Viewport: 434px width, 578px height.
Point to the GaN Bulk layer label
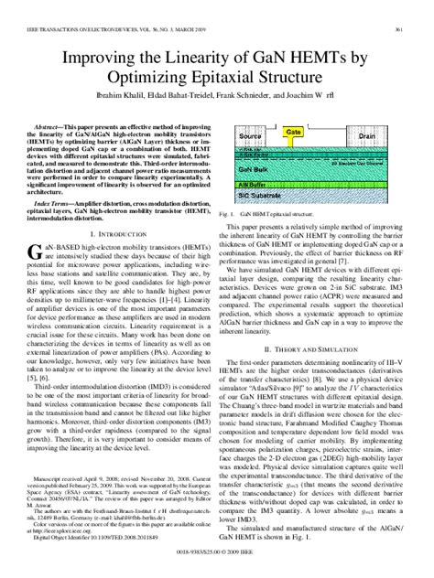click(x=253, y=169)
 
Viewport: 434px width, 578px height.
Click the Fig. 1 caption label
click(x=229, y=211)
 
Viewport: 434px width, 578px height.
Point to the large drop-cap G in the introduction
click(x=34, y=278)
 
